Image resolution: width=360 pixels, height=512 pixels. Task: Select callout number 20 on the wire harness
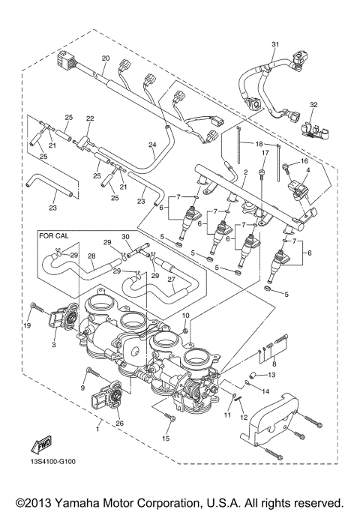(x=105, y=58)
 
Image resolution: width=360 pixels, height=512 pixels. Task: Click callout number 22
(x=90, y=118)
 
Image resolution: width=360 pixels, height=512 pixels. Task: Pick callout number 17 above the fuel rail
(x=264, y=153)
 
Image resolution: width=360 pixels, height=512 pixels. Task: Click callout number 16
(x=304, y=161)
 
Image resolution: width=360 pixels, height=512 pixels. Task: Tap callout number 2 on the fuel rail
(x=244, y=172)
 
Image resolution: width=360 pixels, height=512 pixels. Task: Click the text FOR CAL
(x=56, y=235)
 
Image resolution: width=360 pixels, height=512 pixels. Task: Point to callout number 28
(x=91, y=256)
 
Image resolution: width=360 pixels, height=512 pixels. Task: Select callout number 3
(x=53, y=346)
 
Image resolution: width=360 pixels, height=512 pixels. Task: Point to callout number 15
(x=166, y=437)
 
